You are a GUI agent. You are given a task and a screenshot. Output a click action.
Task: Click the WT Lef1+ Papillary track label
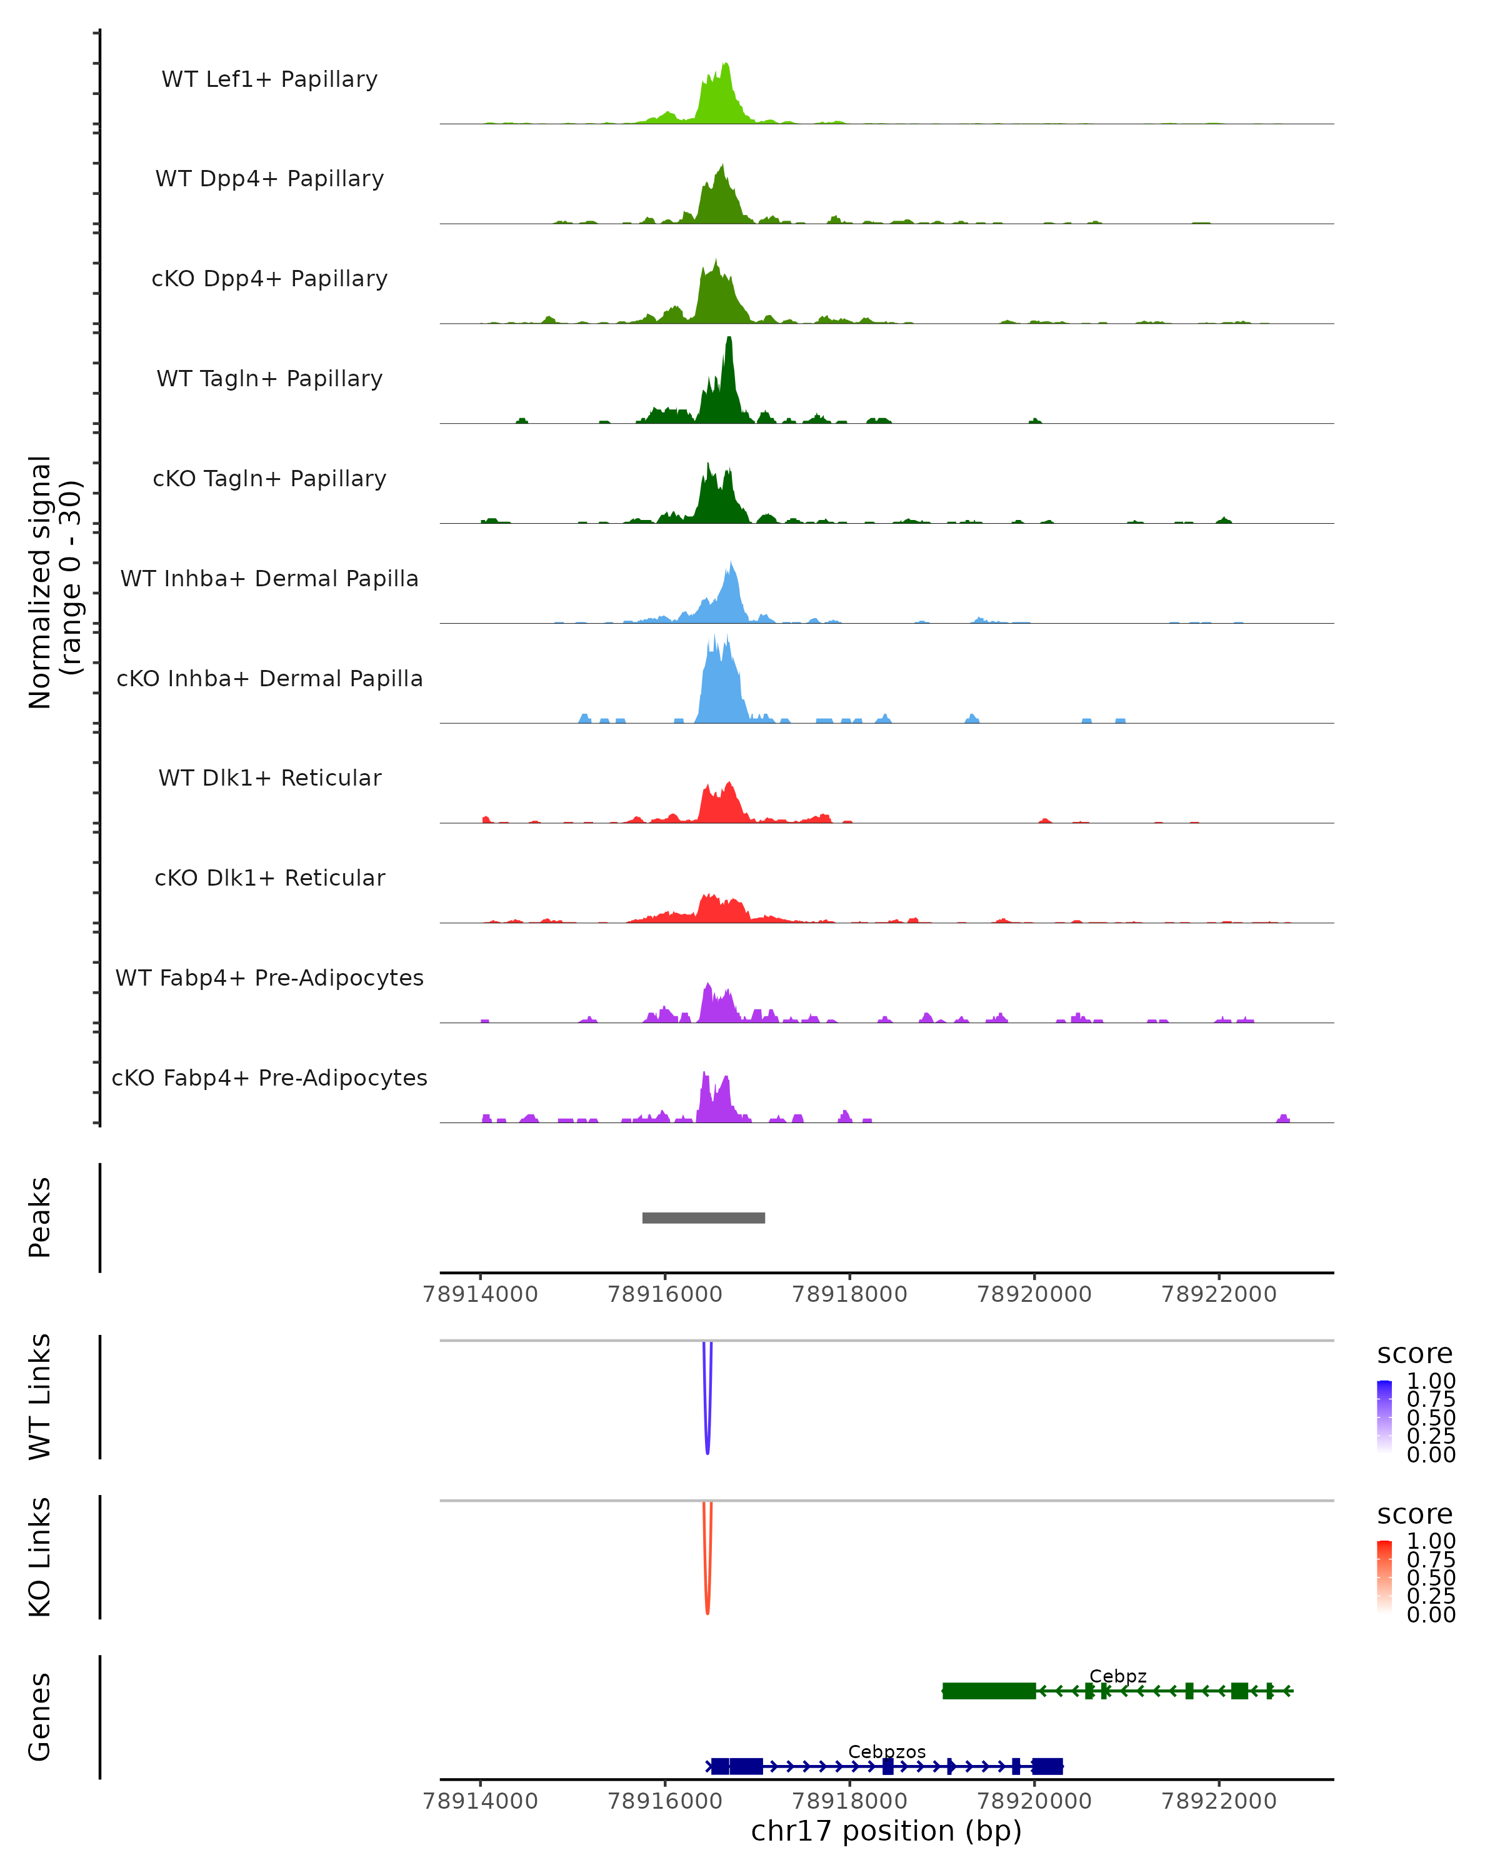coord(269,79)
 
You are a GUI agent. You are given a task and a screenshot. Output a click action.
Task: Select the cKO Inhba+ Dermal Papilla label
coord(269,678)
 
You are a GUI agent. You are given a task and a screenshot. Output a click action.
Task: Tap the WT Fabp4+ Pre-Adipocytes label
coord(269,977)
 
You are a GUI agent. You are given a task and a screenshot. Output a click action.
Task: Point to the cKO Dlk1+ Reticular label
coord(269,877)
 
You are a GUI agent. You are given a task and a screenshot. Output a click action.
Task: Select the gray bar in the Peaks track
coord(704,1217)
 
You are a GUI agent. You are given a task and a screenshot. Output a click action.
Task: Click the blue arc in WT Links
coord(707,1426)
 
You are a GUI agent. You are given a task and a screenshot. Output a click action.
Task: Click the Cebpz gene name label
coord(1117,1676)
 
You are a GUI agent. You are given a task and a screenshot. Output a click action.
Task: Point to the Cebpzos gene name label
coord(887,1751)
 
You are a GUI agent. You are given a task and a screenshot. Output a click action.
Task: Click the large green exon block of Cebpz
coord(989,1691)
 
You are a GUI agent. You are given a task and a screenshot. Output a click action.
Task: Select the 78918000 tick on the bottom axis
coord(849,1800)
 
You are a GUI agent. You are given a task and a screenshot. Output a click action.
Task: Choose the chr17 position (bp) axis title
coord(886,1831)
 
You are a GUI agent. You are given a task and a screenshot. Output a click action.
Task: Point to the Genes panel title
coord(39,1717)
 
